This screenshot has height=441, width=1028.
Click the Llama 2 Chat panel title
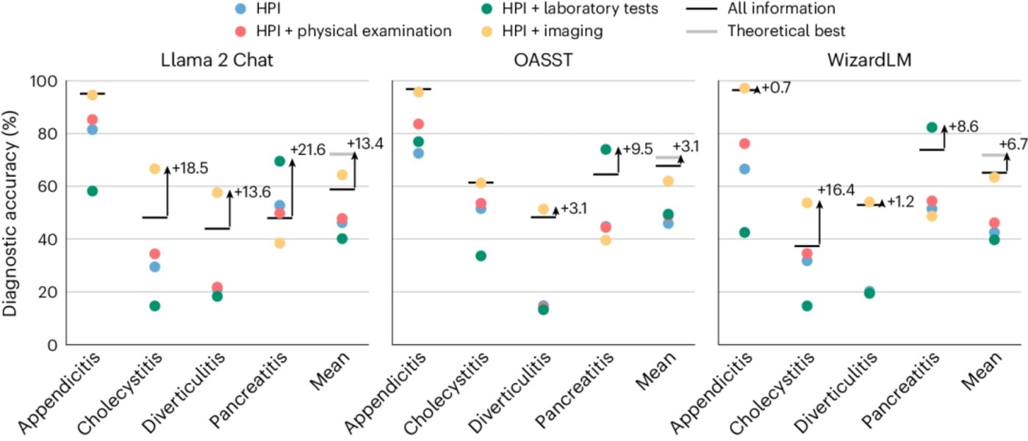pyautogui.click(x=218, y=61)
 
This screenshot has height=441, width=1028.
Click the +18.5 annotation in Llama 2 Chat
pyautogui.click(x=190, y=168)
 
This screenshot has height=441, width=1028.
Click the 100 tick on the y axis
pyautogui.click(x=45, y=81)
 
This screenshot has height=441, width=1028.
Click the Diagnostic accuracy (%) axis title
pyautogui.click(x=12, y=213)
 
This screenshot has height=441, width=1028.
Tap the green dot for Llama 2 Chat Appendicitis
pyautogui.click(x=92, y=191)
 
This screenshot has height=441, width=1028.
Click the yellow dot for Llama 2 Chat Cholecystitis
pyautogui.click(x=155, y=169)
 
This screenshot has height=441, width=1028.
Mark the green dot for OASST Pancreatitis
pyautogui.click(x=606, y=149)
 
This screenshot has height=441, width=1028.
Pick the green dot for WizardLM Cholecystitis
pyautogui.click(x=807, y=305)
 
